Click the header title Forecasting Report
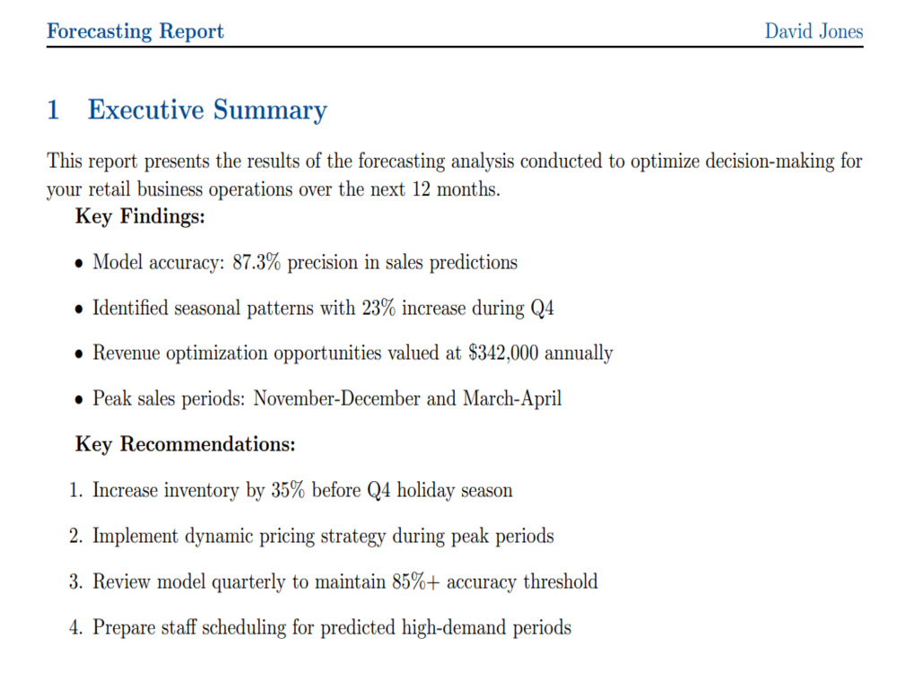(x=135, y=31)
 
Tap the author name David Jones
(x=814, y=31)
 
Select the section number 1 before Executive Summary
(x=53, y=109)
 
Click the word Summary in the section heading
(x=271, y=110)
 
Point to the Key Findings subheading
(x=140, y=217)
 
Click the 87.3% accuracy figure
(x=257, y=262)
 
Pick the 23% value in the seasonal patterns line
(x=379, y=308)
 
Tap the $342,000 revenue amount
(x=503, y=353)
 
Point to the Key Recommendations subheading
(x=186, y=445)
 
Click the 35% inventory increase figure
(x=288, y=491)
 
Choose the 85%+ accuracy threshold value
(x=416, y=582)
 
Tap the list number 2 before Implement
(x=75, y=537)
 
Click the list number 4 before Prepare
(x=75, y=628)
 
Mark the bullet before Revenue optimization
(x=79, y=354)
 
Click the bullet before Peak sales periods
(x=79, y=400)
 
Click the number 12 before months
(x=421, y=188)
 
